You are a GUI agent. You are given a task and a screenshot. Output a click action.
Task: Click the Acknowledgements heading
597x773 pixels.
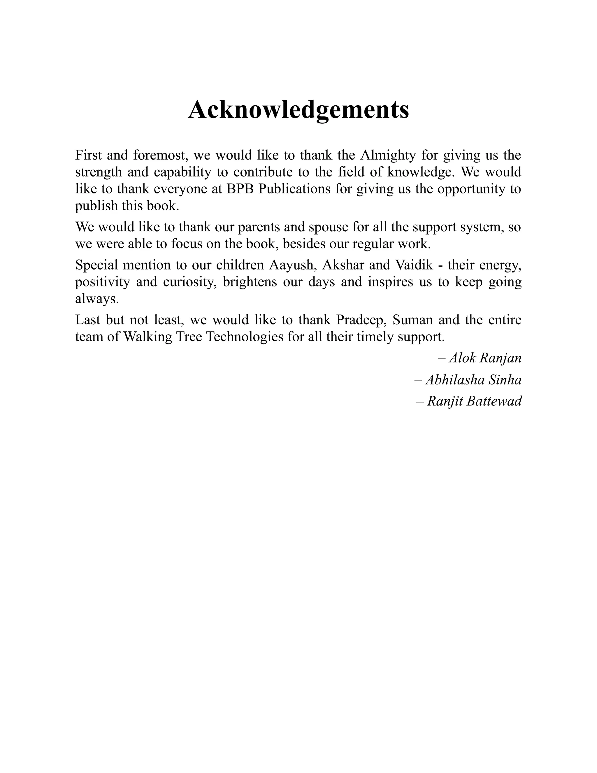(298, 109)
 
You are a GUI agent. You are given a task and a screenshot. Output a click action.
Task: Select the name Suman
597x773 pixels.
(412, 320)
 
